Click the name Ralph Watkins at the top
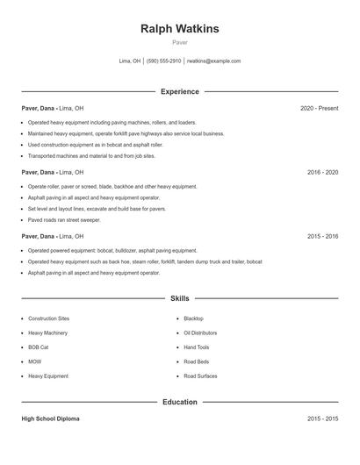tap(180, 29)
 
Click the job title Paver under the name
tap(180, 42)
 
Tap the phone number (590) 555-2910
tap(163, 61)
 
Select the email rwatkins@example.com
tap(214, 61)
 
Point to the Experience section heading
tap(180, 91)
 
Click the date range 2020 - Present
tap(319, 108)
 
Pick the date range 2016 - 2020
tap(322, 173)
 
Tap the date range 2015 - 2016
tap(322, 237)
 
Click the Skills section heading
tap(180, 298)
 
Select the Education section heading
tap(180, 402)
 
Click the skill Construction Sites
tap(48, 318)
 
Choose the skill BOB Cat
tap(40, 347)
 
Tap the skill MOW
tap(34, 361)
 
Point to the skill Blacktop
tap(193, 318)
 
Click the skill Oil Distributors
tap(200, 333)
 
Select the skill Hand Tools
tap(197, 347)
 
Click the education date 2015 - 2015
tap(322, 418)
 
